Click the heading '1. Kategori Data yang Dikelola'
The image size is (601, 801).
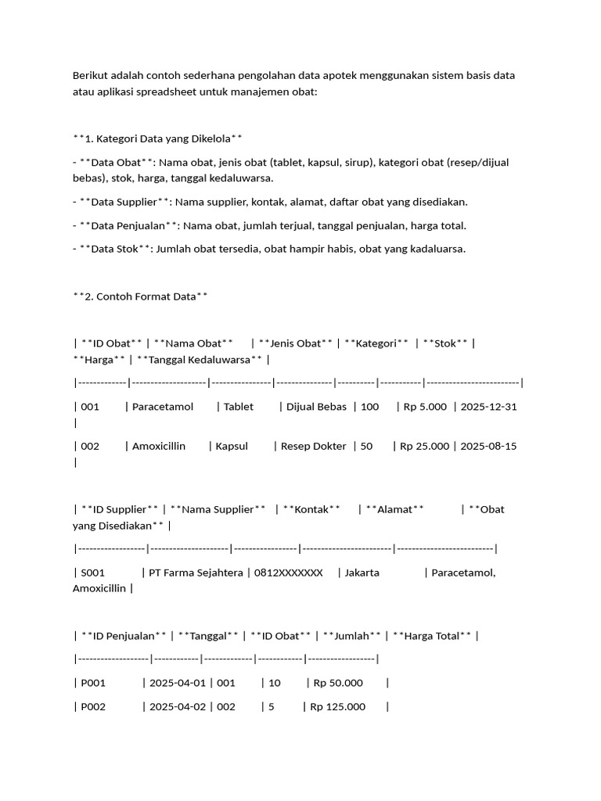tap(157, 138)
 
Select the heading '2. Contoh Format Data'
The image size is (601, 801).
tap(140, 296)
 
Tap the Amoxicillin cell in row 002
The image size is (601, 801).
tap(159, 446)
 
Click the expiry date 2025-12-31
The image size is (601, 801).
tap(489, 407)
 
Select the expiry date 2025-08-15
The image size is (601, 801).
tap(489, 446)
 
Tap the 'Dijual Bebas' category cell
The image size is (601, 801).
tap(316, 407)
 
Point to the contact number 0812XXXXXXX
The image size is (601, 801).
tap(288, 573)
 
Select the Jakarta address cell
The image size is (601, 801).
tap(362, 573)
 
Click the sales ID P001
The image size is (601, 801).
tap(93, 683)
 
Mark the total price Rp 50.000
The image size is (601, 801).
tap(338, 683)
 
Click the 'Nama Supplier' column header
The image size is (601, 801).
tap(218, 509)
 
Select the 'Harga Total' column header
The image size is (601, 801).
tap(432, 636)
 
